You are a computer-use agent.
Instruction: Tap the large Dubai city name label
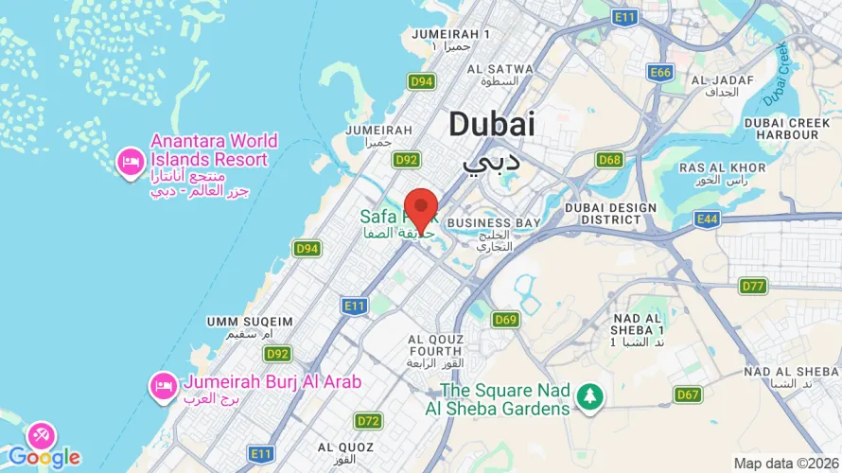pyautogui.click(x=491, y=124)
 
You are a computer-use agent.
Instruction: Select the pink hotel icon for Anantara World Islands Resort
pyautogui.click(x=130, y=163)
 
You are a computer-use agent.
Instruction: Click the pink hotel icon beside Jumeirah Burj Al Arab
pyautogui.click(x=163, y=385)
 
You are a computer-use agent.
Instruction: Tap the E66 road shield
pyautogui.click(x=659, y=72)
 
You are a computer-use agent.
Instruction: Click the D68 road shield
pyautogui.click(x=609, y=160)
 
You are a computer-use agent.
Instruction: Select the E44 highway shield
pyautogui.click(x=706, y=219)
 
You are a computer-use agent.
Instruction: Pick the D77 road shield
pyautogui.click(x=753, y=286)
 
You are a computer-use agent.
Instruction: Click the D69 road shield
pyautogui.click(x=506, y=320)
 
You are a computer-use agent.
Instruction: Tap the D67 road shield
pyautogui.click(x=687, y=394)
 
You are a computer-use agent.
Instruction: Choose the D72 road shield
pyautogui.click(x=368, y=420)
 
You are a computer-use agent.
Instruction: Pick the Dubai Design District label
pyautogui.click(x=610, y=214)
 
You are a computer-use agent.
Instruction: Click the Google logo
pyautogui.click(x=44, y=458)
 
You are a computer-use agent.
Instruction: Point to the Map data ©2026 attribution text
pyautogui.click(x=785, y=464)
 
